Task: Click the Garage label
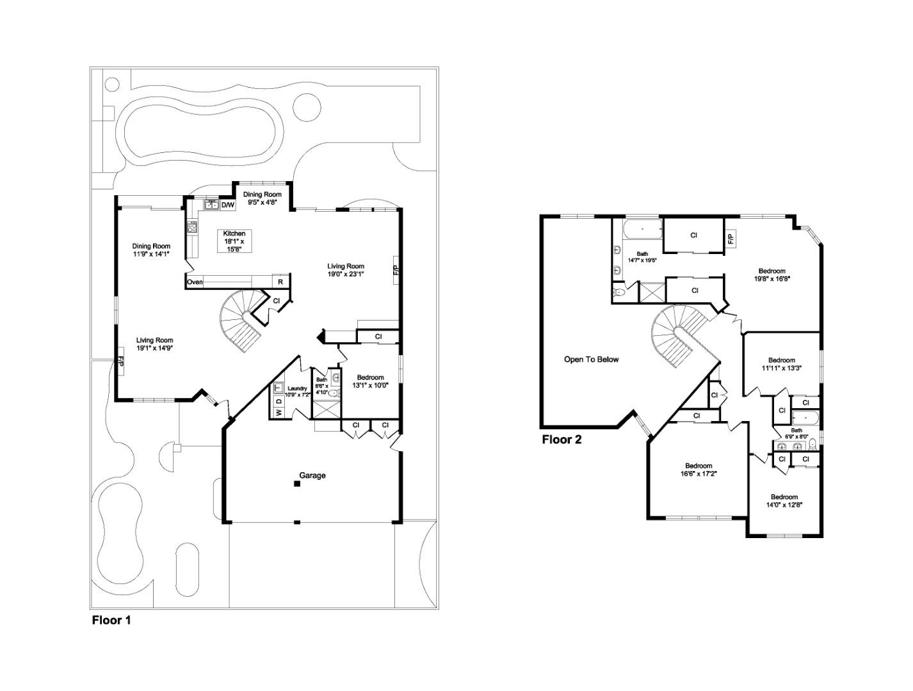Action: click(312, 475)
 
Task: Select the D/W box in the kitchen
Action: click(228, 205)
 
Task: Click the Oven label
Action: click(195, 282)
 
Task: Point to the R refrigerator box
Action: click(280, 282)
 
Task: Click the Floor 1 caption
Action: click(111, 620)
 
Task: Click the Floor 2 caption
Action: click(562, 440)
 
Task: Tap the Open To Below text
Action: click(591, 360)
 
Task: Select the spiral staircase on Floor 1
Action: click(242, 318)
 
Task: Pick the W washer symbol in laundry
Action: click(279, 413)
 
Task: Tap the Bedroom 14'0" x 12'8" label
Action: click(784, 500)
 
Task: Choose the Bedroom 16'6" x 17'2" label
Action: click(699, 470)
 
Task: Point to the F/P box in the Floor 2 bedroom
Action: click(730, 239)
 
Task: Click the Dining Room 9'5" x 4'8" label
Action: click(261, 198)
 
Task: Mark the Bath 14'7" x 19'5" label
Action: click(642, 257)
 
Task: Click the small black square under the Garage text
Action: click(297, 484)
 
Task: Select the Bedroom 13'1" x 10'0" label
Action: click(370, 381)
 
